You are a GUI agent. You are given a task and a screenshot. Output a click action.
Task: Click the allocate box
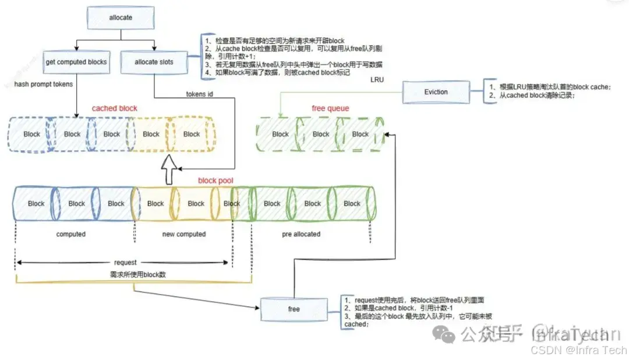[x=121, y=17]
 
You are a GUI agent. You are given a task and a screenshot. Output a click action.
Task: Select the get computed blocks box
[x=77, y=62]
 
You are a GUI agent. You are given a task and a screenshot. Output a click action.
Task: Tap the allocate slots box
[x=154, y=62]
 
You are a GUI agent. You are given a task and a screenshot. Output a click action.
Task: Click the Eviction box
[x=436, y=91]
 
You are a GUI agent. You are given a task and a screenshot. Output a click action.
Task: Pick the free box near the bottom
[x=294, y=309]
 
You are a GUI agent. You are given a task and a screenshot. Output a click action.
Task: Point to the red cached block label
[x=115, y=108]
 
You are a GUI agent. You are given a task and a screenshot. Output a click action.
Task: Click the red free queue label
[x=330, y=108]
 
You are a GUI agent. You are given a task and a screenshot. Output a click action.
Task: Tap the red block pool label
[x=215, y=181]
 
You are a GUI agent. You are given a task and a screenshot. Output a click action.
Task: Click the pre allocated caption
[x=301, y=234]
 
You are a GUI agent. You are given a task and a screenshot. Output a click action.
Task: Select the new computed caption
[x=183, y=234]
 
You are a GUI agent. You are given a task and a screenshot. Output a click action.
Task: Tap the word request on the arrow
[x=125, y=263]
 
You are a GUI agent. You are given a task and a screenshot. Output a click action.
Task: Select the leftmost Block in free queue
[x=280, y=134]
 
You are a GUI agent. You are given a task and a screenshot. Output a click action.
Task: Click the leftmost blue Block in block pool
[x=36, y=203]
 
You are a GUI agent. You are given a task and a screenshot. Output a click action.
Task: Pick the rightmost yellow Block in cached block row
[x=192, y=134]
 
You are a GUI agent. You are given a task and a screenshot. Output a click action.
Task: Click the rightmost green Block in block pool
[x=352, y=203]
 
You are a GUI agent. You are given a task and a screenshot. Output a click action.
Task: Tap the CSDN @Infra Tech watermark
[x=578, y=350]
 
